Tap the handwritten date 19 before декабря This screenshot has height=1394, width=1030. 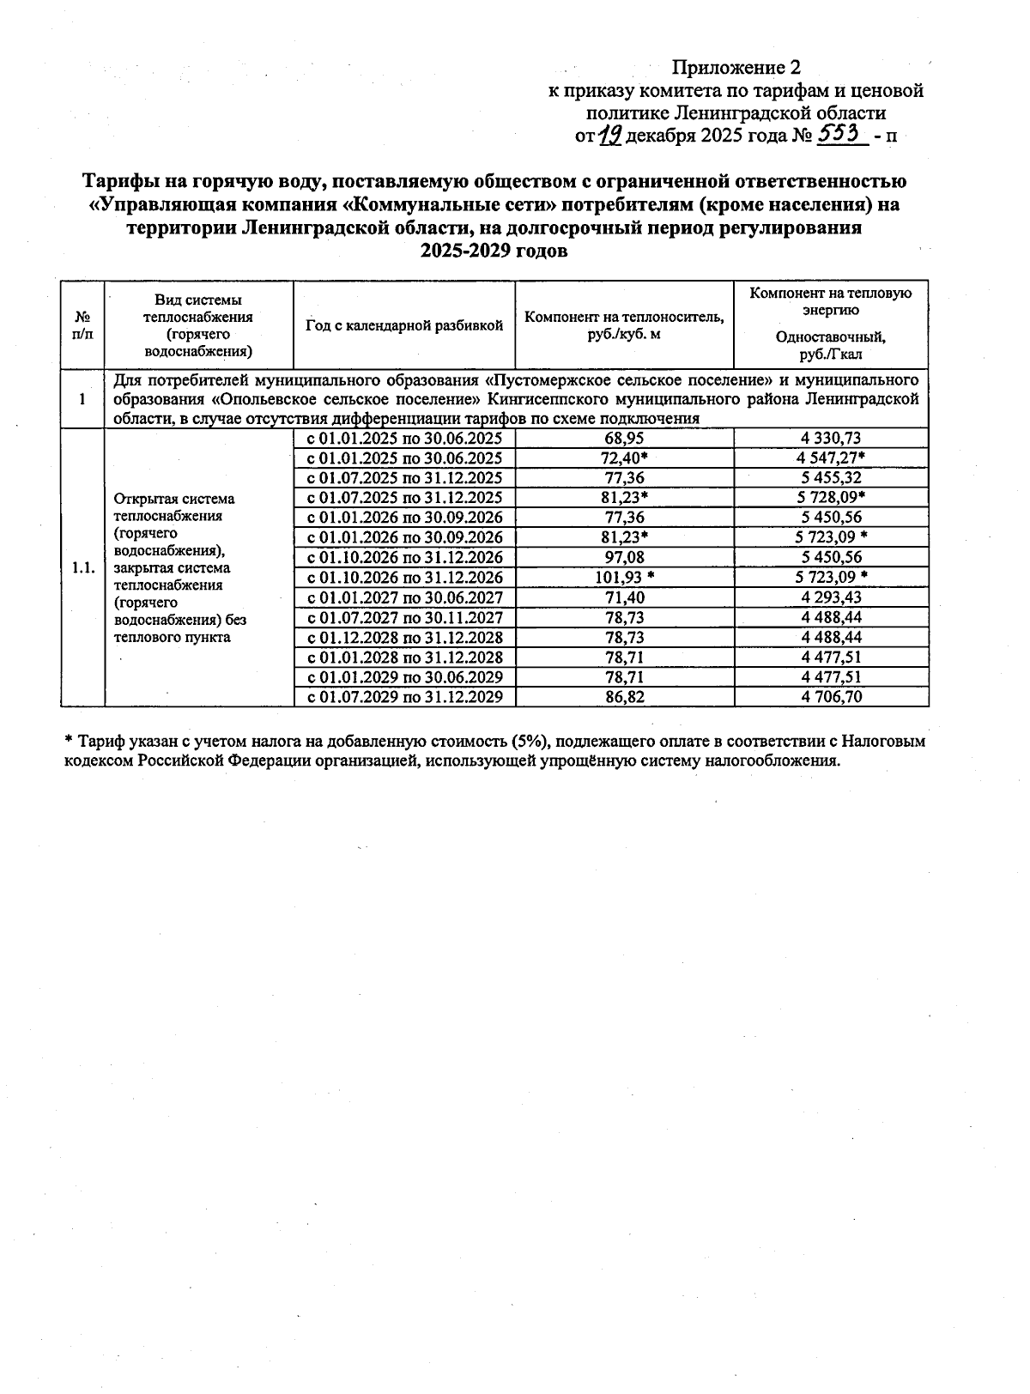point(609,135)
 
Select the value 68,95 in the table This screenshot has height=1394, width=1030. point(624,439)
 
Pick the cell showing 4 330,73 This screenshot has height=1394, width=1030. point(831,439)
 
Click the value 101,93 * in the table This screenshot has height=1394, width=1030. point(624,577)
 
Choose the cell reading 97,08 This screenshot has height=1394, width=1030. point(624,557)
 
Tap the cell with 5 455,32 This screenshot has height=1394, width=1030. point(831,478)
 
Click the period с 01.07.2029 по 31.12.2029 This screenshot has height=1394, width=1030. point(404,696)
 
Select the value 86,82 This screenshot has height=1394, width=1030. point(624,696)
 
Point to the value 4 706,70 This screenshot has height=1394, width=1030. point(831,696)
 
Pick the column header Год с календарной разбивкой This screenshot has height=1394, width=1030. point(404,326)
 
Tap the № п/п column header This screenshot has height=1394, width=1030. point(82,326)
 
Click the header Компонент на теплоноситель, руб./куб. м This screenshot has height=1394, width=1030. point(624,326)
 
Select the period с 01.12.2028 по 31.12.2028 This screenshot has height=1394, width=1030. point(404,637)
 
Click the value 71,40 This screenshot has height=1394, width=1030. point(624,597)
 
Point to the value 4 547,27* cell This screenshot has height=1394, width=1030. point(831,458)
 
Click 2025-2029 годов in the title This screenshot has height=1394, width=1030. point(494,251)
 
